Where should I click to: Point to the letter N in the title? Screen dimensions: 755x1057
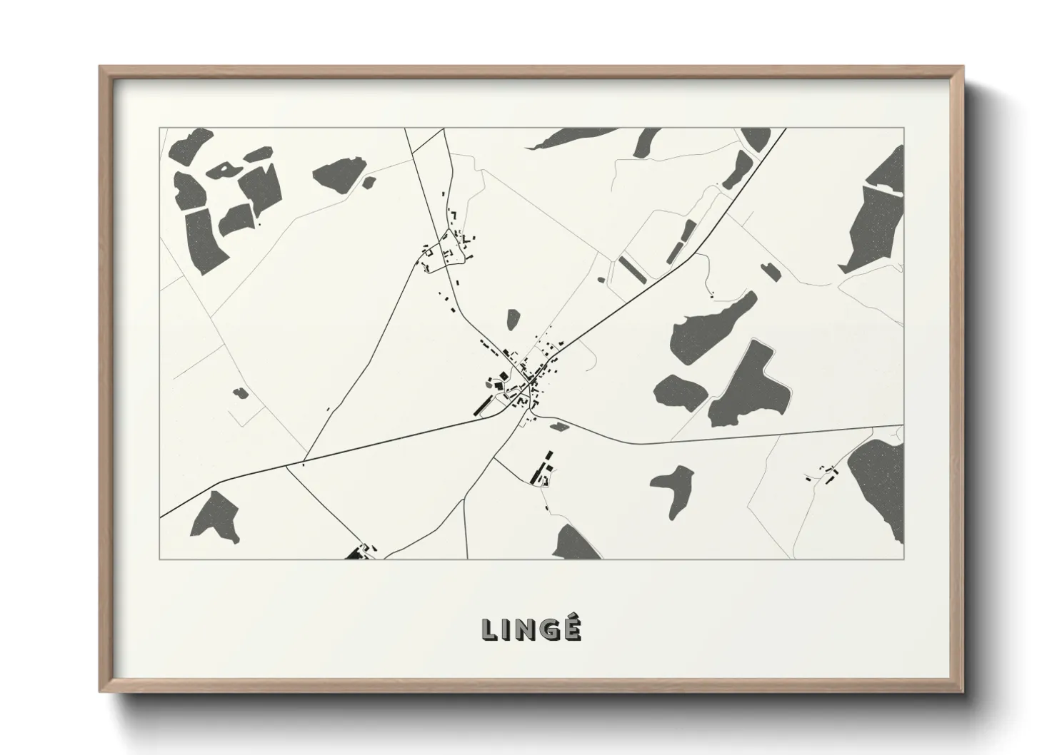(x=525, y=629)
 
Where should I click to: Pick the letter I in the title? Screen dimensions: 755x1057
(x=506, y=629)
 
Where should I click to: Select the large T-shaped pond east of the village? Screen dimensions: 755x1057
(x=750, y=385)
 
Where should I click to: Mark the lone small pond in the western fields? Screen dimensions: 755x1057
(x=240, y=392)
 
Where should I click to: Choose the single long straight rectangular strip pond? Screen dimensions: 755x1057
(x=631, y=268)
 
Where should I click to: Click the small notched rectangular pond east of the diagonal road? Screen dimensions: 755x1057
(x=770, y=270)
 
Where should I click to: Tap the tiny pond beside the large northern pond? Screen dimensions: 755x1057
(x=369, y=183)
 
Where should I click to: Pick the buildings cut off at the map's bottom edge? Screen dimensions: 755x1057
(x=361, y=552)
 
